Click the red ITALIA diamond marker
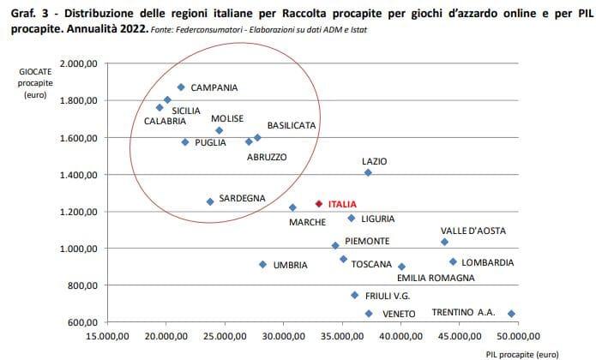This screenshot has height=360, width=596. (x=319, y=204)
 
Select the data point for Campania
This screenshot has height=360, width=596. (x=181, y=87)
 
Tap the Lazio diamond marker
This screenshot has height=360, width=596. (x=368, y=172)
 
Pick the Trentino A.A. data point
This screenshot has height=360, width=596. (x=512, y=314)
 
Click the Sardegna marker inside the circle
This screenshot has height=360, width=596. (x=210, y=201)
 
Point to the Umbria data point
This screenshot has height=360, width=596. (x=262, y=264)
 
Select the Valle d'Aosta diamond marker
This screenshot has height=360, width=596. (x=444, y=242)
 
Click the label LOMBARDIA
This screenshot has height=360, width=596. (x=488, y=262)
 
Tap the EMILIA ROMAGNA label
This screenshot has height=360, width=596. (x=436, y=278)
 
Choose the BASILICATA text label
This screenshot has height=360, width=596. (x=292, y=125)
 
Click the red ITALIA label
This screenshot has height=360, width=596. (x=342, y=205)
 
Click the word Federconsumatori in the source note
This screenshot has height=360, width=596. (x=212, y=30)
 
